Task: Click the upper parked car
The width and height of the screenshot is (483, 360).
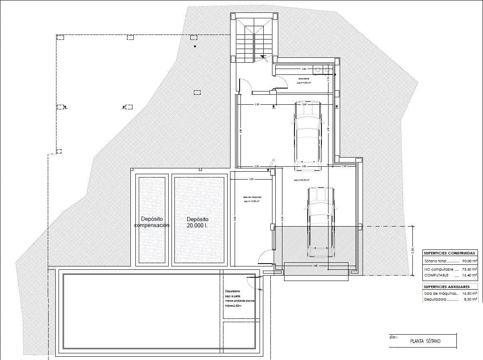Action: (307, 135)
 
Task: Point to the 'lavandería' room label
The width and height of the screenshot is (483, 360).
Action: (304, 79)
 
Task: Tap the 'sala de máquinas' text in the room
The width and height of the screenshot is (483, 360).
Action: (251, 197)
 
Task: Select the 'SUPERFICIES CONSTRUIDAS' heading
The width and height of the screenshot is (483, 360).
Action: (449, 253)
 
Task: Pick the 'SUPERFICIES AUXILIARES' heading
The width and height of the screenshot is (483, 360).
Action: (446, 287)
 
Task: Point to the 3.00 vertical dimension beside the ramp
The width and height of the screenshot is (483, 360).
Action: (412, 250)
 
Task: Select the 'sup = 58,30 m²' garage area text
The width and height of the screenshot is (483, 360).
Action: (301, 180)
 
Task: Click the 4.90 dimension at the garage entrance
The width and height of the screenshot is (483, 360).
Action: (316, 265)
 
